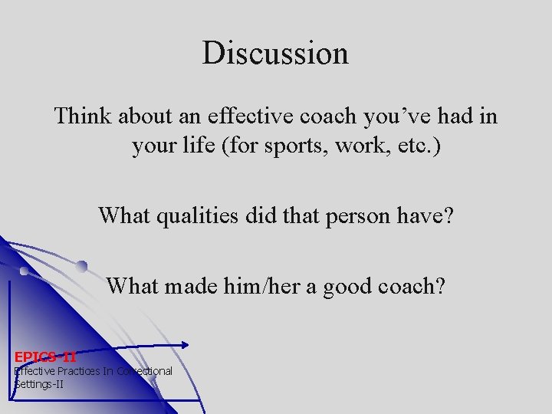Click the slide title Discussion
tap(275, 53)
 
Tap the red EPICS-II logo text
tap(45, 356)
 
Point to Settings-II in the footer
tap(39, 383)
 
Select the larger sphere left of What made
tap(81, 266)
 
